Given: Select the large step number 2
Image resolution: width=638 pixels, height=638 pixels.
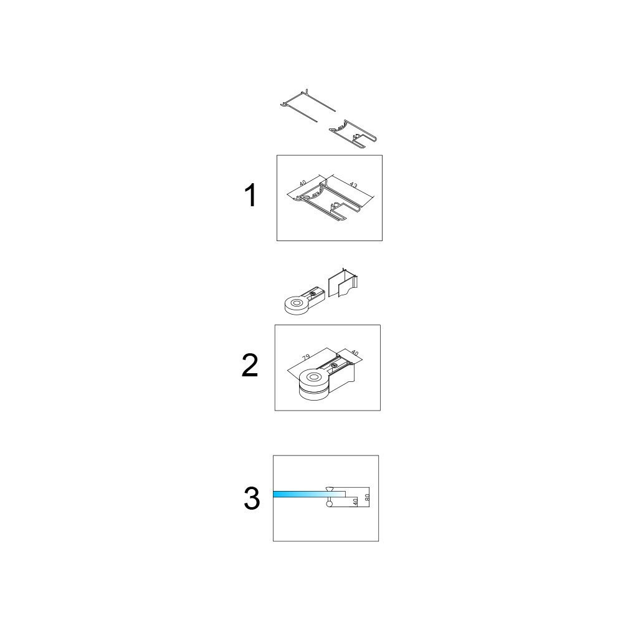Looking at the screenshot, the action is [250, 365].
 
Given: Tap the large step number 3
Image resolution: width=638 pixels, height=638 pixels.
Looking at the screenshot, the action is [252, 499].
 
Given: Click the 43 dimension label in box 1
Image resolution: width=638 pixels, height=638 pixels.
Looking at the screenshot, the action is [354, 186].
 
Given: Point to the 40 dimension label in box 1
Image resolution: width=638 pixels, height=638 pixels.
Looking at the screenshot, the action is [303, 183].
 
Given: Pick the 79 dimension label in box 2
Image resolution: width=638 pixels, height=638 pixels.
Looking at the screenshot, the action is [307, 357].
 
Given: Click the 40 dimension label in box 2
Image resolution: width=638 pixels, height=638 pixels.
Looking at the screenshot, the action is [355, 354].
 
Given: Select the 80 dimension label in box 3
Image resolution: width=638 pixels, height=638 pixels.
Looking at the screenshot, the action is [366, 497].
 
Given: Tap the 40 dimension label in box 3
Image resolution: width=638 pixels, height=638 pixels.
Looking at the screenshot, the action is [355, 502].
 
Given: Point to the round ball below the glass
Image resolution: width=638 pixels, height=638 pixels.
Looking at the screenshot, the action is [329, 503].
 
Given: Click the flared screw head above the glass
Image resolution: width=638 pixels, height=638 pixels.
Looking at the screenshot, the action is [329, 488].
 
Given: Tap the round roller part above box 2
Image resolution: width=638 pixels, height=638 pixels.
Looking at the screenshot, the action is [304, 302].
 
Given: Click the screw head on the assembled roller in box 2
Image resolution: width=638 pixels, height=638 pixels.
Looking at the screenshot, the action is [334, 366].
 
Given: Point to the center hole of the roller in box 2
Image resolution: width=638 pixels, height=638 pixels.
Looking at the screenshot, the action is [313, 378].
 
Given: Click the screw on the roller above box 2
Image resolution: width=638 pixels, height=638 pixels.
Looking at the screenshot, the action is [312, 293].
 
